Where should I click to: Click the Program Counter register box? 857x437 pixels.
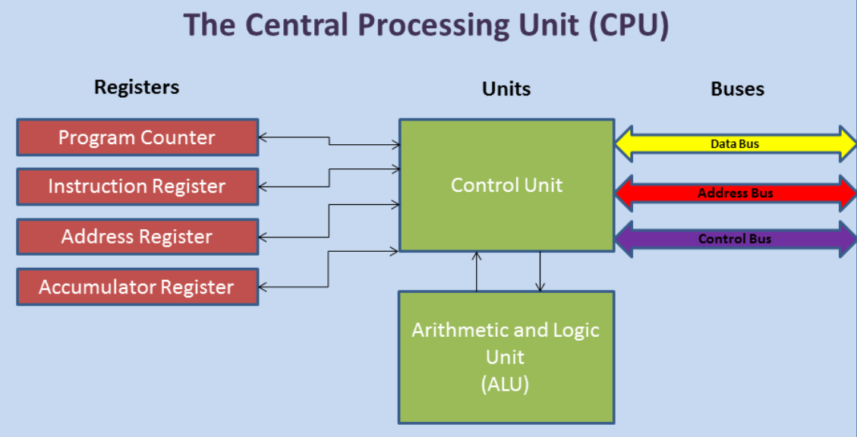pos(137,137)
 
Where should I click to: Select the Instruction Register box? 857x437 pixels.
pos(137,187)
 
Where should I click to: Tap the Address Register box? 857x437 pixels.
pos(137,237)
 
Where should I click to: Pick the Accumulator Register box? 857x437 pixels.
pos(137,287)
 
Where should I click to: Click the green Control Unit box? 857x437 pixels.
pos(506,185)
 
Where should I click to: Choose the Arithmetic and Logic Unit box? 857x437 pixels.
pos(506,357)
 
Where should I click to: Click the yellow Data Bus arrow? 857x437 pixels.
pos(736,144)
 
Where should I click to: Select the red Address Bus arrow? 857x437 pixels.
pos(736,193)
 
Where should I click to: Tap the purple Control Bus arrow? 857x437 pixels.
pos(736,239)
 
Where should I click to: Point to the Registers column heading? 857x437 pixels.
pos(137,86)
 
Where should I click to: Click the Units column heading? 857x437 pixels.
pos(506,89)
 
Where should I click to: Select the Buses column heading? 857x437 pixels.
pos(737,89)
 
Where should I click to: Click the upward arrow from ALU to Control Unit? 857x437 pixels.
pos(477,272)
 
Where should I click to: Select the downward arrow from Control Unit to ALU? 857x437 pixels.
pos(540,272)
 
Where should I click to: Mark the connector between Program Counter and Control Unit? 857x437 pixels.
pos(329,141)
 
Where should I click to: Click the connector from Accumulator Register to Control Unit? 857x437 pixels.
pos(328,269)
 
